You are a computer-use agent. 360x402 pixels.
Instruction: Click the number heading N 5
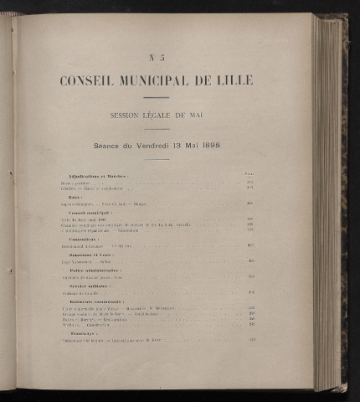point(157,58)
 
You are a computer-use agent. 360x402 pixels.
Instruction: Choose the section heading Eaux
point(75,197)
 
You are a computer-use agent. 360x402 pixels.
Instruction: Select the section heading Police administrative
point(95,270)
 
